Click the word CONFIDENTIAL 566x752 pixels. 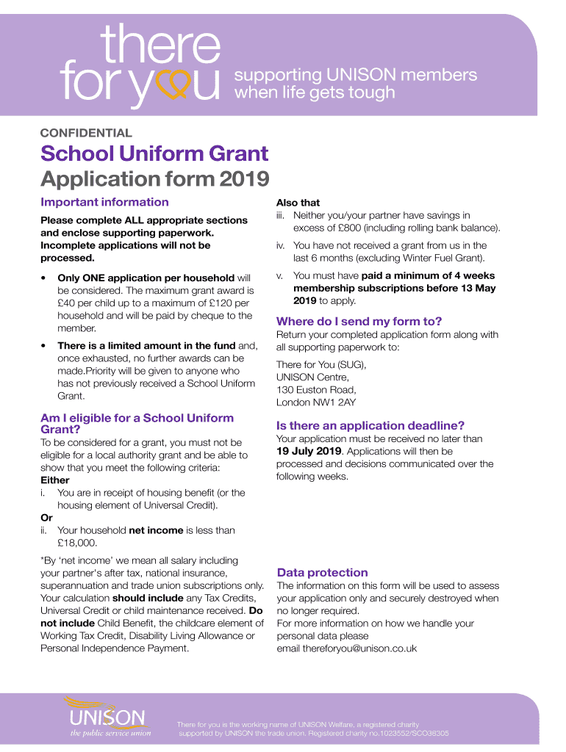[x=86, y=134]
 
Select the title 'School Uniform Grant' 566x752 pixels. [x=154, y=154]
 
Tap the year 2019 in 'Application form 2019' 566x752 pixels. [x=246, y=178]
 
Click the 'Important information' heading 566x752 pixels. [x=104, y=202]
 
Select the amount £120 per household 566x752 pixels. [x=220, y=303]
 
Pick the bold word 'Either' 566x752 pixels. [x=55, y=480]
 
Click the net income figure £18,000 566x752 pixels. [x=77, y=543]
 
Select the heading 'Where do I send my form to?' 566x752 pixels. [x=359, y=321]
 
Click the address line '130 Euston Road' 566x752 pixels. [x=316, y=390]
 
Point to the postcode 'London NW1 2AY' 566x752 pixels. [x=315, y=402]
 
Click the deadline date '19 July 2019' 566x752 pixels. [x=307, y=451]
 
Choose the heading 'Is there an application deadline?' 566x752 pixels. [x=370, y=425]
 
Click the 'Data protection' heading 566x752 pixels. [x=322, y=572]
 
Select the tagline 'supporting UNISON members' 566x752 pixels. [x=355, y=75]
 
